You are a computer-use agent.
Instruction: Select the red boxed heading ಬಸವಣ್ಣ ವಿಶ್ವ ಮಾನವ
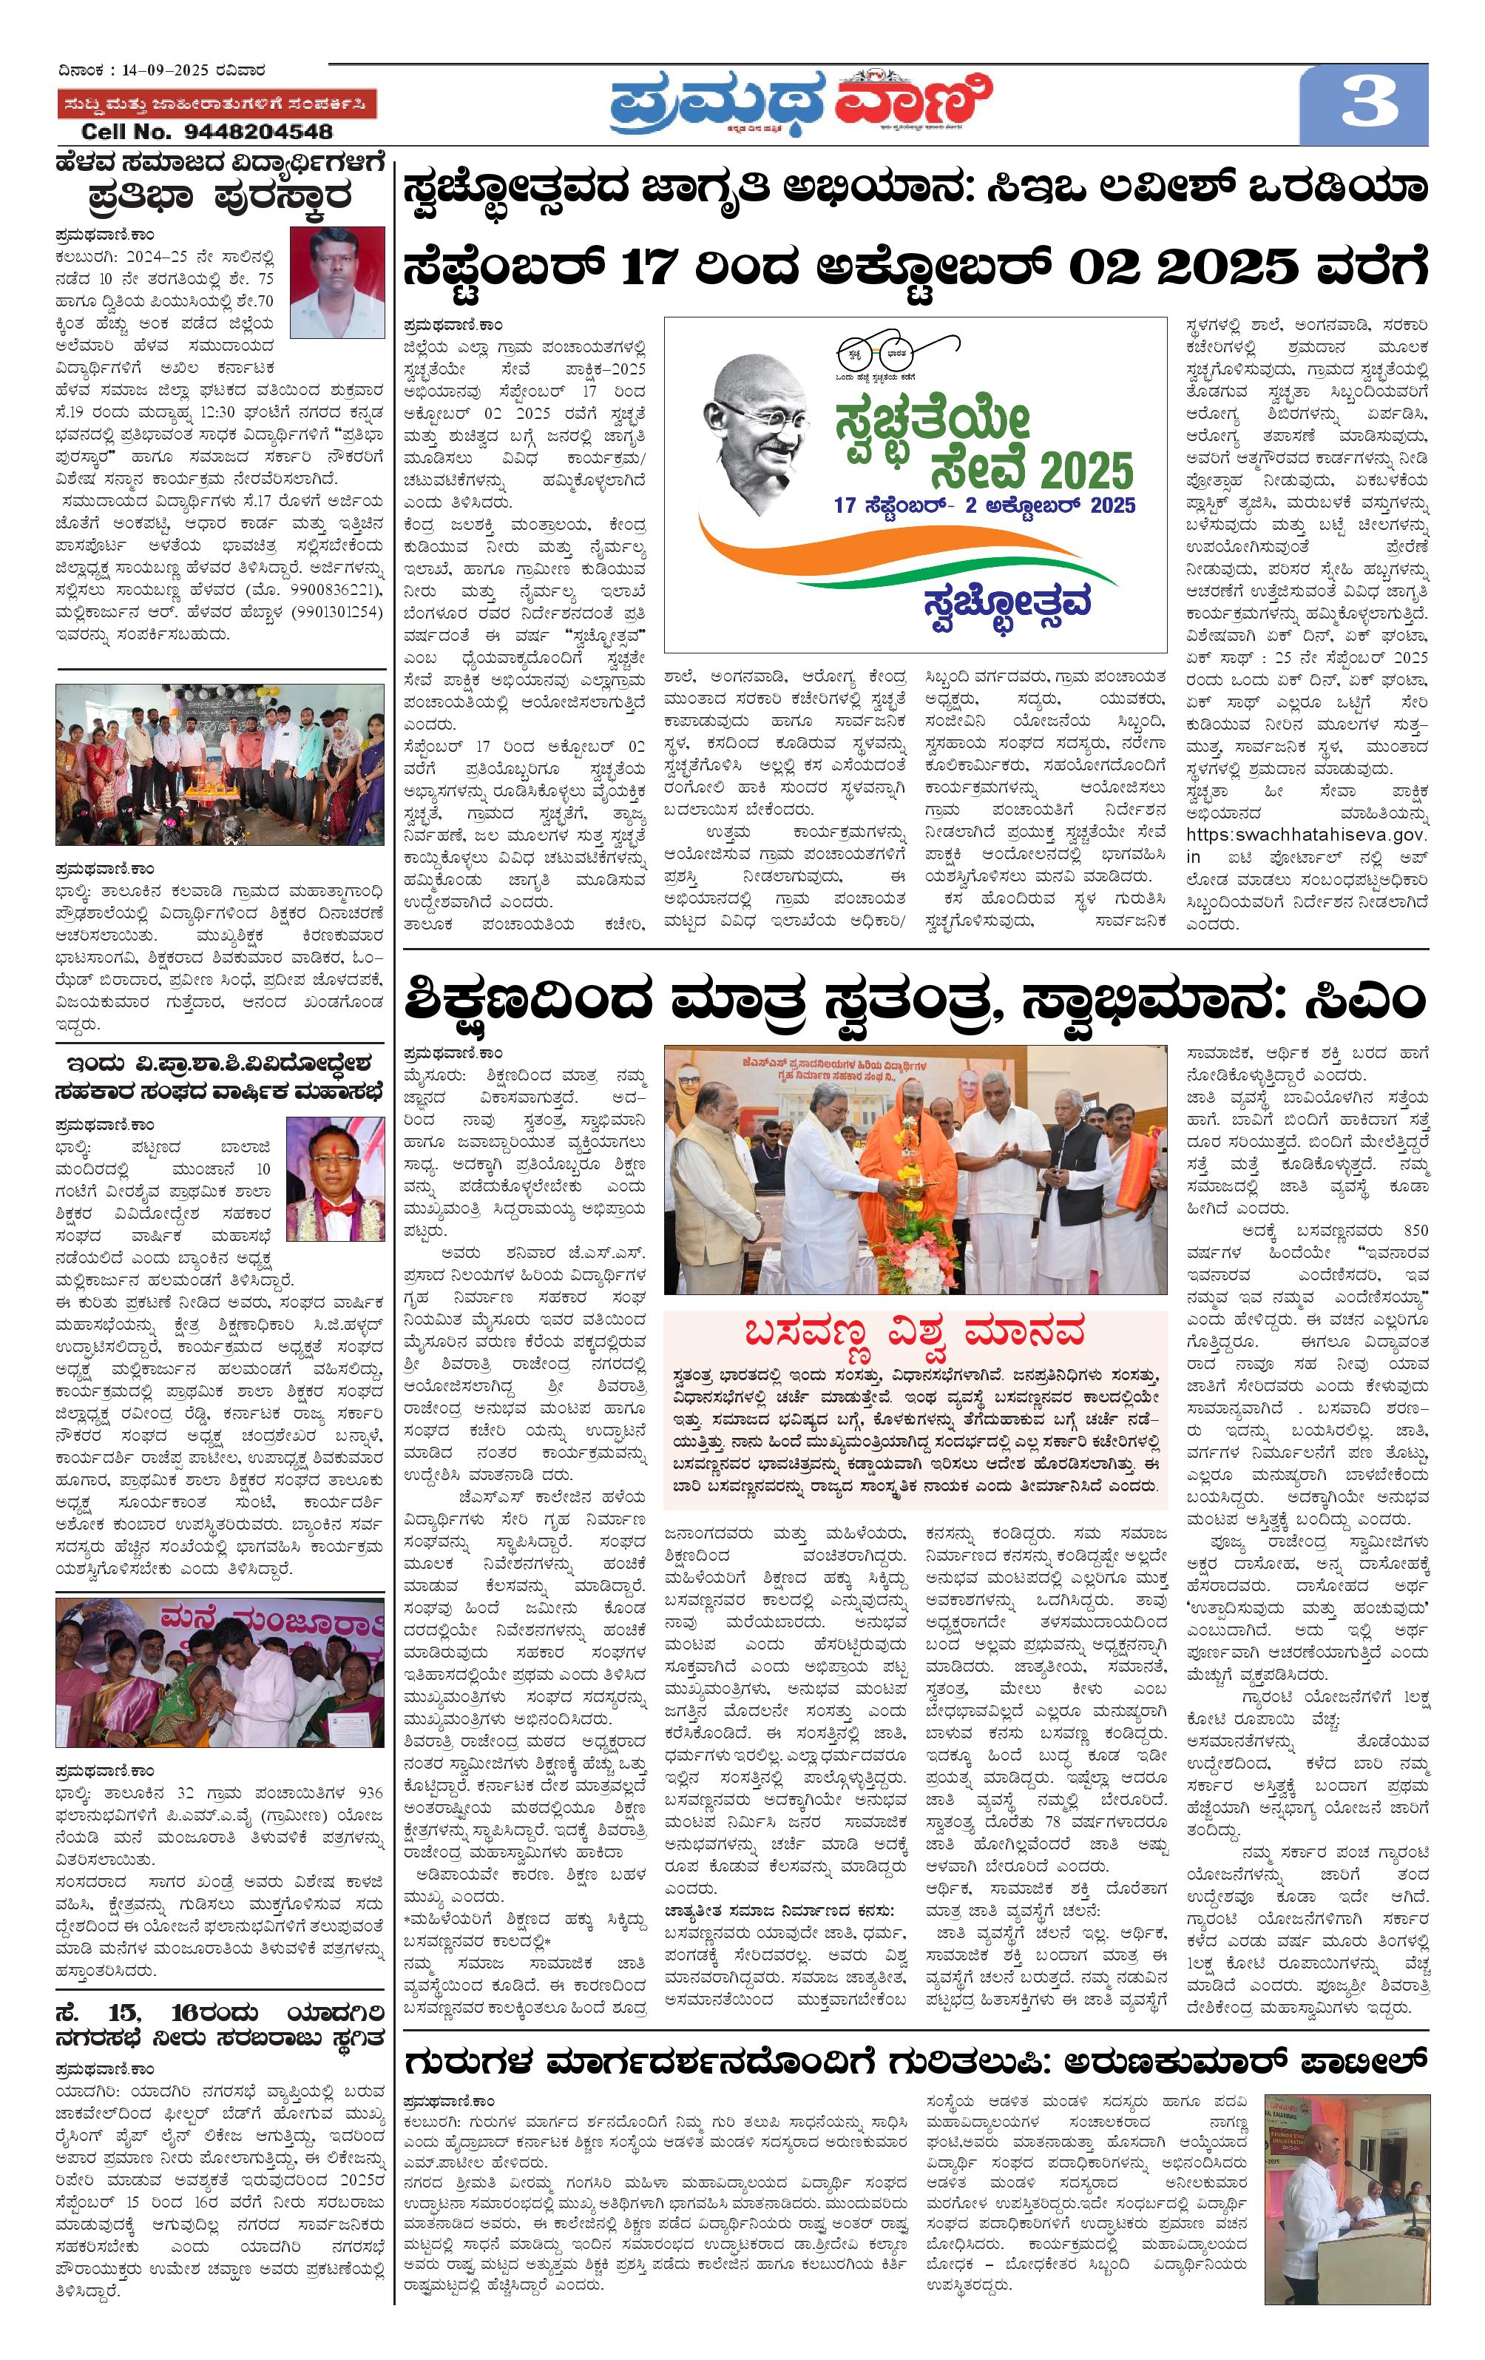click(x=915, y=1333)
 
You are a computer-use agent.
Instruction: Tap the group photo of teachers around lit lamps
click(x=220, y=764)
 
